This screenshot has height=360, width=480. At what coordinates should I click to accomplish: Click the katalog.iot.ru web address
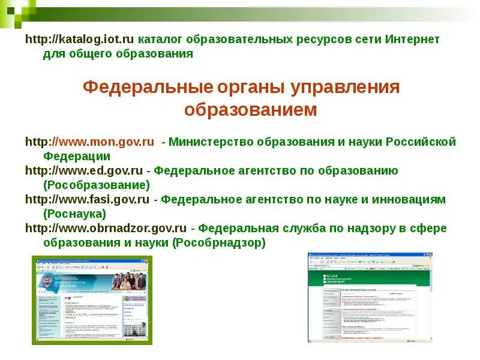click(x=80, y=40)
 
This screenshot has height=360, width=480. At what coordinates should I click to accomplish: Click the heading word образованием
click(x=250, y=110)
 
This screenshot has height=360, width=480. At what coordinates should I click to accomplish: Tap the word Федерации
click(x=77, y=156)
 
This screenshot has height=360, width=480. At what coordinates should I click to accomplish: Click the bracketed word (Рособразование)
click(x=97, y=185)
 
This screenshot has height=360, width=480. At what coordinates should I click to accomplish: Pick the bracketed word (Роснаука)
click(x=74, y=214)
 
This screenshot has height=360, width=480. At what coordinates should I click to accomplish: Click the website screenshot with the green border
click(x=92, y=300)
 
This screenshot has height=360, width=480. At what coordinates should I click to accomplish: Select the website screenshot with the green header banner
click(x=370, y=297)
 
